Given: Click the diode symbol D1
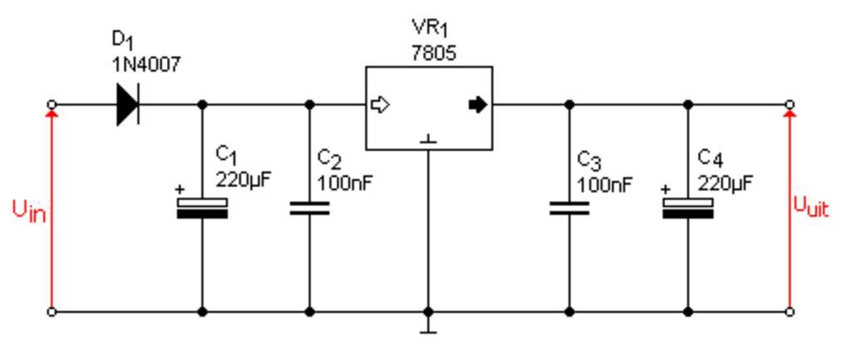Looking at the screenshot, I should coord(128,106).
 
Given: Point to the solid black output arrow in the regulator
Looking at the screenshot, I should coord(478,106).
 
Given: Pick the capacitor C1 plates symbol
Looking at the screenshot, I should coord(202,208).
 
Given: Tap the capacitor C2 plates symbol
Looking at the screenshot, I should coord(310,208).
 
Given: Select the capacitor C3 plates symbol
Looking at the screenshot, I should coord(569,208).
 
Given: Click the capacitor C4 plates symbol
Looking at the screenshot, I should coord(688,208).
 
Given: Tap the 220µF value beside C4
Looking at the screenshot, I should coord(725,182).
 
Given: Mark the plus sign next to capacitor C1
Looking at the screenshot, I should coord(180,190).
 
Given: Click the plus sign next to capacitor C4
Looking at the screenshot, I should coord(666,190).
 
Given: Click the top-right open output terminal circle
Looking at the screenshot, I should coord(790,105).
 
